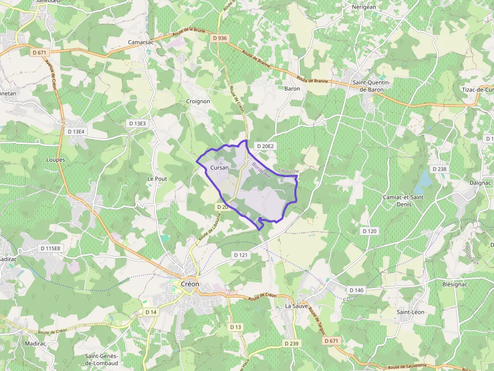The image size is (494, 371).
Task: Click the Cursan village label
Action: [219, 168]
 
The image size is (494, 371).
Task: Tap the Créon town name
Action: [190, 284]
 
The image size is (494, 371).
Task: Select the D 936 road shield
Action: [220, 38]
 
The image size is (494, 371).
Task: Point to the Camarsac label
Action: [141, 42]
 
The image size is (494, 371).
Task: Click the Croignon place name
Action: [198, 101]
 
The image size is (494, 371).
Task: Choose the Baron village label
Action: [292, 89]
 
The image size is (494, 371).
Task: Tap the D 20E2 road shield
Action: [265, 146]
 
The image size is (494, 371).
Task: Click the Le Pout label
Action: [157, 179]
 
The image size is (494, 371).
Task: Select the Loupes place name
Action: [55, 160]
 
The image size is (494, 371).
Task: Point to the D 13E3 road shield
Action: [137, 123]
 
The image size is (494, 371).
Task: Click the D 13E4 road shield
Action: [77, 131]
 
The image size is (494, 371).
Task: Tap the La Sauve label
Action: [296, 306]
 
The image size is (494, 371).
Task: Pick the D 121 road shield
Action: [241, 255]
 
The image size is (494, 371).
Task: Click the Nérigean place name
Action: [364, 7]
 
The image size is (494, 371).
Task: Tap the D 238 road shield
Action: [439, 169]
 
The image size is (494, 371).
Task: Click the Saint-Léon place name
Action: [410, 312]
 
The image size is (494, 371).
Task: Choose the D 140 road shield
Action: [356, 290]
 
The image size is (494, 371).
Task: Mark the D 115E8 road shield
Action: [50, 248]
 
